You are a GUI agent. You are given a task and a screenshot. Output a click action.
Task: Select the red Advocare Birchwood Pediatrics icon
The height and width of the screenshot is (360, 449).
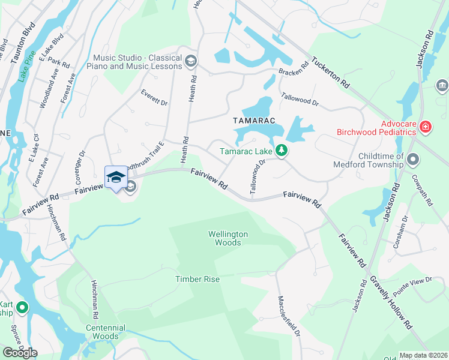pos(426,127)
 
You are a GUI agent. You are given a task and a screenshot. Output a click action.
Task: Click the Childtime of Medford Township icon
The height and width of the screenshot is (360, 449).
pos(413,160)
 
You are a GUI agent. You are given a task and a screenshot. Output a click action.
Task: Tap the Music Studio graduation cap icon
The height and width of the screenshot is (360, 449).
pos(191,60)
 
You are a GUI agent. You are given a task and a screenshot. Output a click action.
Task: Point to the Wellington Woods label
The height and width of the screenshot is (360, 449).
pos(228,238)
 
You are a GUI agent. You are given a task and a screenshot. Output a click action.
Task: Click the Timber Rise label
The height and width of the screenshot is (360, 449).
pos(197,279)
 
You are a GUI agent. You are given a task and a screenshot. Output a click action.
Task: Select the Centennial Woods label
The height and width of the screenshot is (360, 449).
pos(106,332)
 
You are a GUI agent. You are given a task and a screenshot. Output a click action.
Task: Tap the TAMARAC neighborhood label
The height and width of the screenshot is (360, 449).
pos(254,121)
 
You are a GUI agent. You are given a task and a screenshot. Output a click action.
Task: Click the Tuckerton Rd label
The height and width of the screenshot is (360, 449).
pos(330,74)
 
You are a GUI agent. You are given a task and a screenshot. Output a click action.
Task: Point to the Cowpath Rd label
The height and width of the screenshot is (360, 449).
pos(422,190)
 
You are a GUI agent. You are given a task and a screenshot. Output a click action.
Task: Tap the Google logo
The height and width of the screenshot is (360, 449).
pos(20,352)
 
